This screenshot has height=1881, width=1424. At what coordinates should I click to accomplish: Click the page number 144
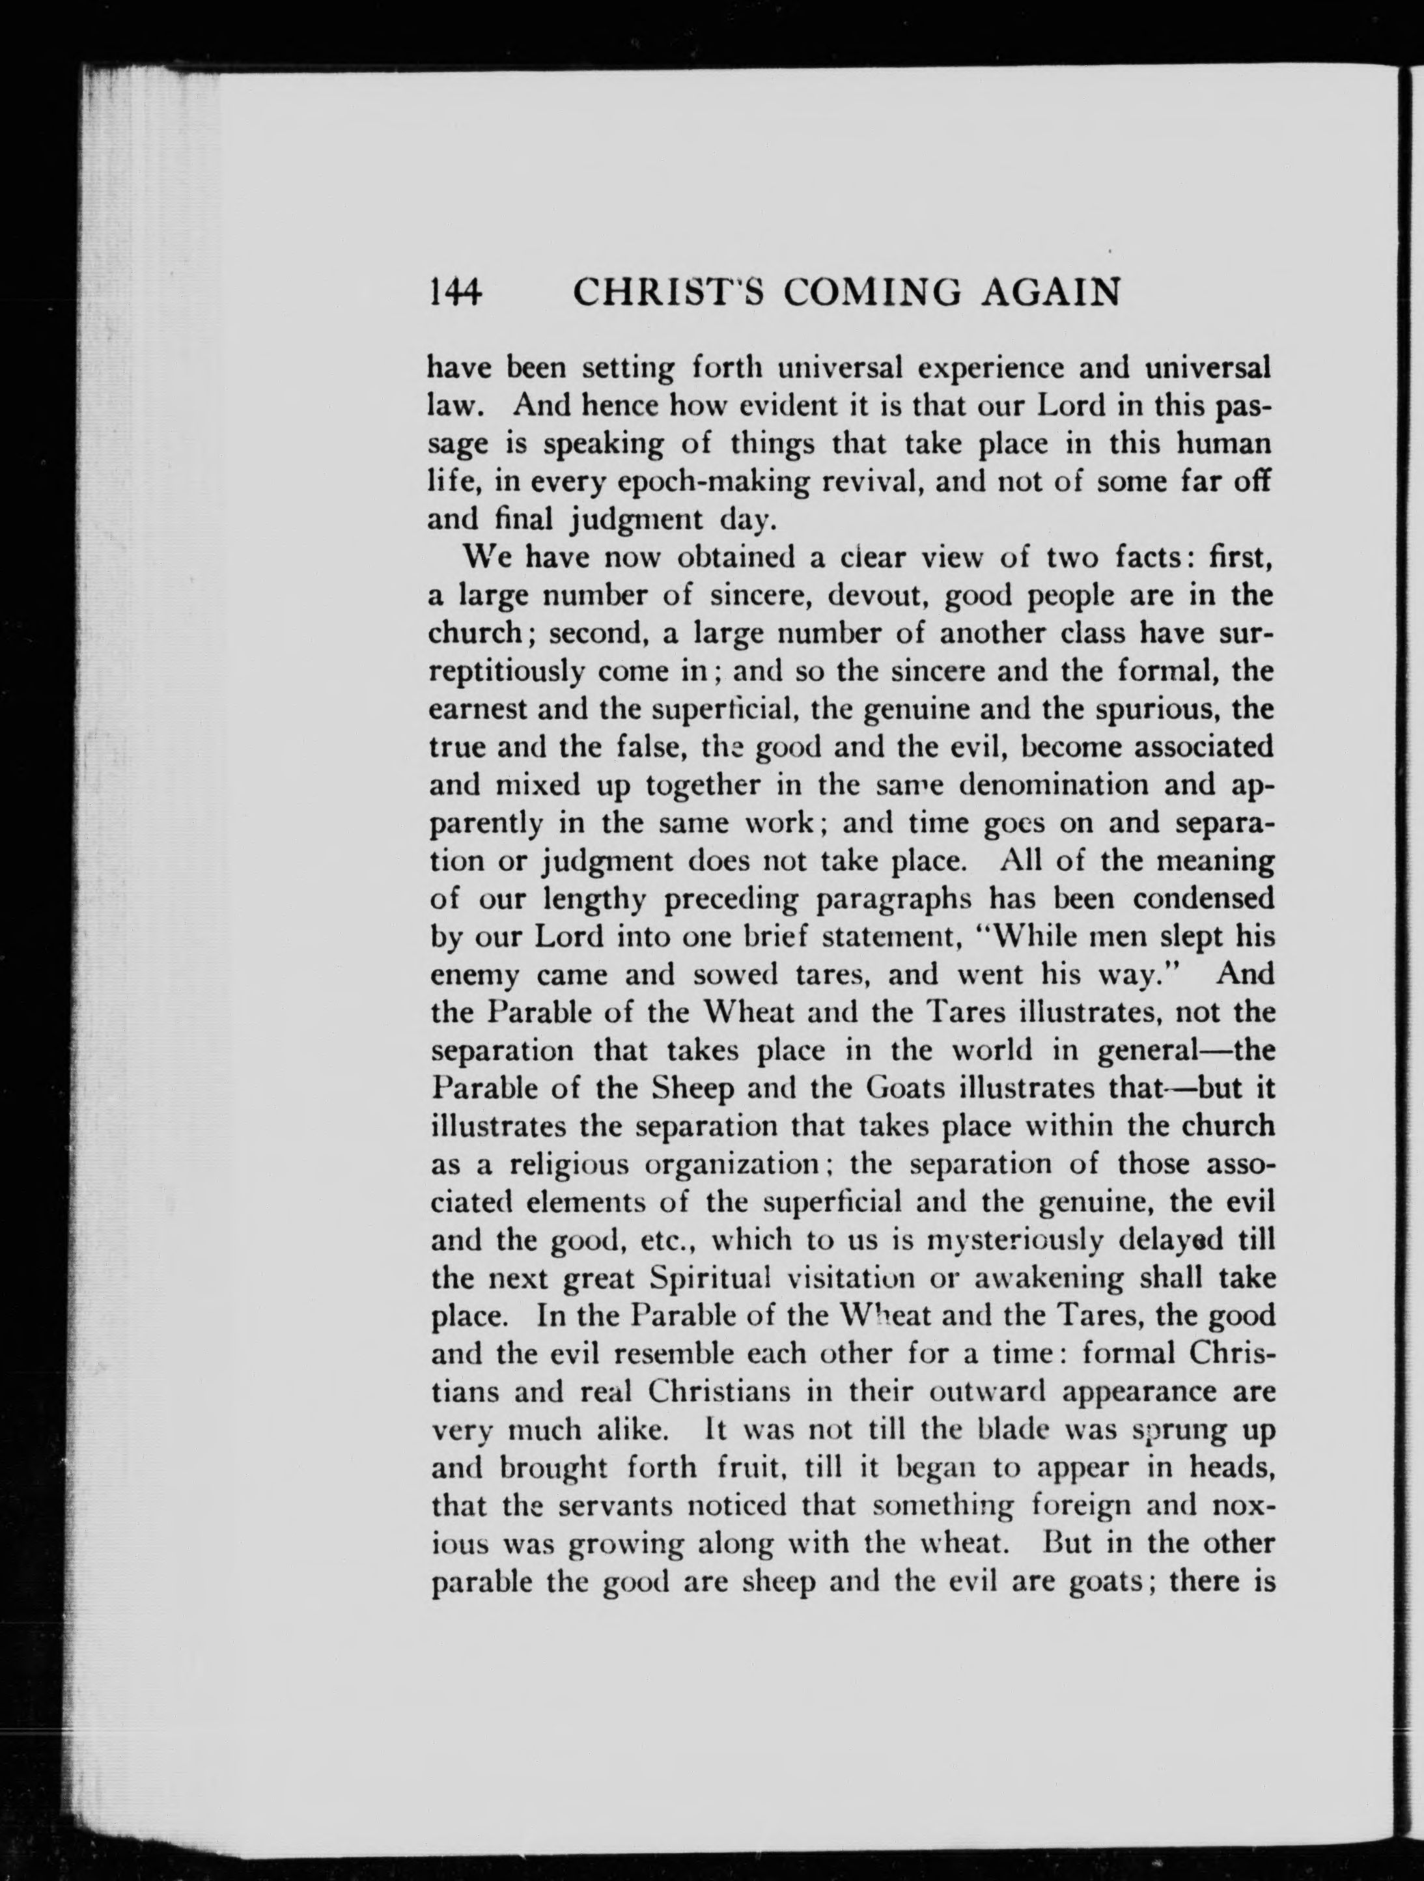click(x=456, y=292)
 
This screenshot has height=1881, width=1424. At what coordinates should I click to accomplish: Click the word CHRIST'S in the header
click(x=667, y=292)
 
